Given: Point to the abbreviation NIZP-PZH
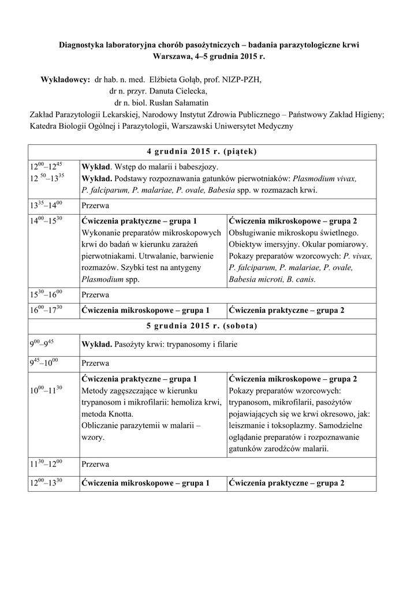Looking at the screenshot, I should (244, 80).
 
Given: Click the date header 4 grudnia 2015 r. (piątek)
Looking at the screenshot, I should (202, 152).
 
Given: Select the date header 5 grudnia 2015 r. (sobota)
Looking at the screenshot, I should (202, 326).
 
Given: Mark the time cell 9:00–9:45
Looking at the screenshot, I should (42, 345).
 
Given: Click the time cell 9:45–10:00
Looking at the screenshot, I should (44, 364).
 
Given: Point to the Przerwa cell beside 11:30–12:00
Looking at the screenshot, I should (96, 463).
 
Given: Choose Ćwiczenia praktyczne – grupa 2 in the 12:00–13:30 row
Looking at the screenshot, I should (286, 482).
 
